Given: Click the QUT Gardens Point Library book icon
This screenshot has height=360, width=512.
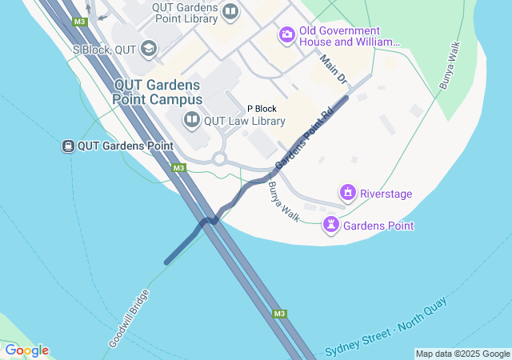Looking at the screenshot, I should pyautogui.click(x=230, y=11).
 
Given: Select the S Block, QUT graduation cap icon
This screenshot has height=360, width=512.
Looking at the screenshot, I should pyautogui.click(x=148, y=50).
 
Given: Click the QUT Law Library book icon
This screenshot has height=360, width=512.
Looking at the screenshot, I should pyautogui.click(x=191, y=121).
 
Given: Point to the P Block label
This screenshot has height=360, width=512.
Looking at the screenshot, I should pyautogui.click(x=261, y=108).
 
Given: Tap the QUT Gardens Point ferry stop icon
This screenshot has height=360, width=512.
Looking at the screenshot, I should pyautogui.click(x=69, y=146).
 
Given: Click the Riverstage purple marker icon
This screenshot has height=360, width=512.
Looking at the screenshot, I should pyautogui.click(x=348, y=193).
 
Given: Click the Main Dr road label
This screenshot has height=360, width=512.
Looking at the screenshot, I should pyautogui.click(x=333, y=69).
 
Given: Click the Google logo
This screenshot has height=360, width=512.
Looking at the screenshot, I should pyautogui.click(x=26, y=350).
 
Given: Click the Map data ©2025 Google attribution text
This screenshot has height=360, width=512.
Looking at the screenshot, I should pyautogui.click(x=462, y=354).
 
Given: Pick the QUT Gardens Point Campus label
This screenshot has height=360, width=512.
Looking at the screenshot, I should pyautogui.click(x=158, y=91).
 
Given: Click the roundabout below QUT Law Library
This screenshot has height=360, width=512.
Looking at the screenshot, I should pyautogui.click(x=220, y=158).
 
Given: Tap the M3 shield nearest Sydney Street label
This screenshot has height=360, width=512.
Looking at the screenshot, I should pyautogui.click(x=279, y=314).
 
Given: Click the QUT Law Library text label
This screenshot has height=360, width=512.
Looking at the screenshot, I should pyautogui.click(x=245, y=122).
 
